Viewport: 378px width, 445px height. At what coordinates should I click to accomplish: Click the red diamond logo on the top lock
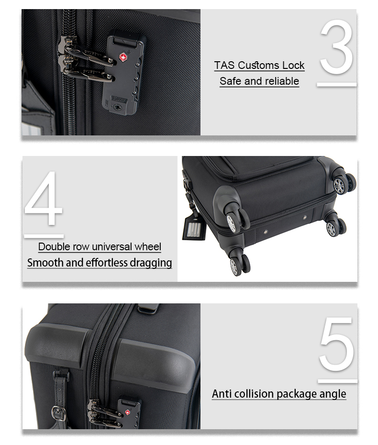coord(122,57)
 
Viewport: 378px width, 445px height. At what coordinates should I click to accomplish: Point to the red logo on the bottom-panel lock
coord(127,412)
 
